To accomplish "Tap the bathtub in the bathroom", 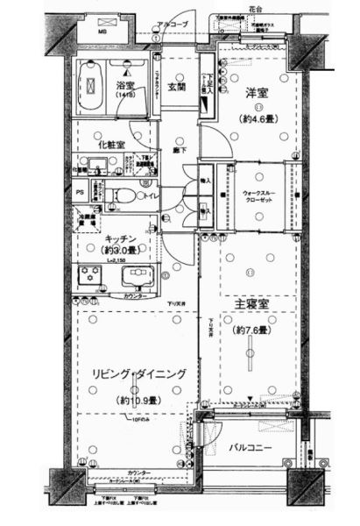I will point(88,87).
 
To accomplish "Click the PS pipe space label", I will point(80,193).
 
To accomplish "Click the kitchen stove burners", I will point(88,277).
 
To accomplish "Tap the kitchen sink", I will point(136,277).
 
